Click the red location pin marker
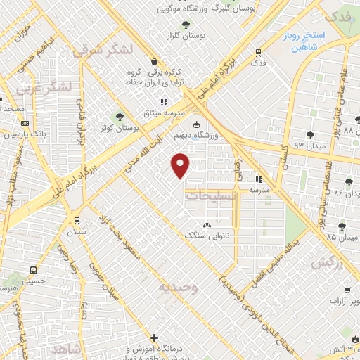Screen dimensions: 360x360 181,165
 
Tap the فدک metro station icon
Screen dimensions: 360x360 259,52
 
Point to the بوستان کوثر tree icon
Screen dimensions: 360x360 120,117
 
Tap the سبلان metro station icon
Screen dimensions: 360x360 77,219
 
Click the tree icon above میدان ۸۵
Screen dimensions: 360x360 342,226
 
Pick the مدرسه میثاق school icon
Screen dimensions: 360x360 165,102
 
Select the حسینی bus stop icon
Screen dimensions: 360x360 33,270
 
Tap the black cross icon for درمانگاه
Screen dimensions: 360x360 155,337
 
